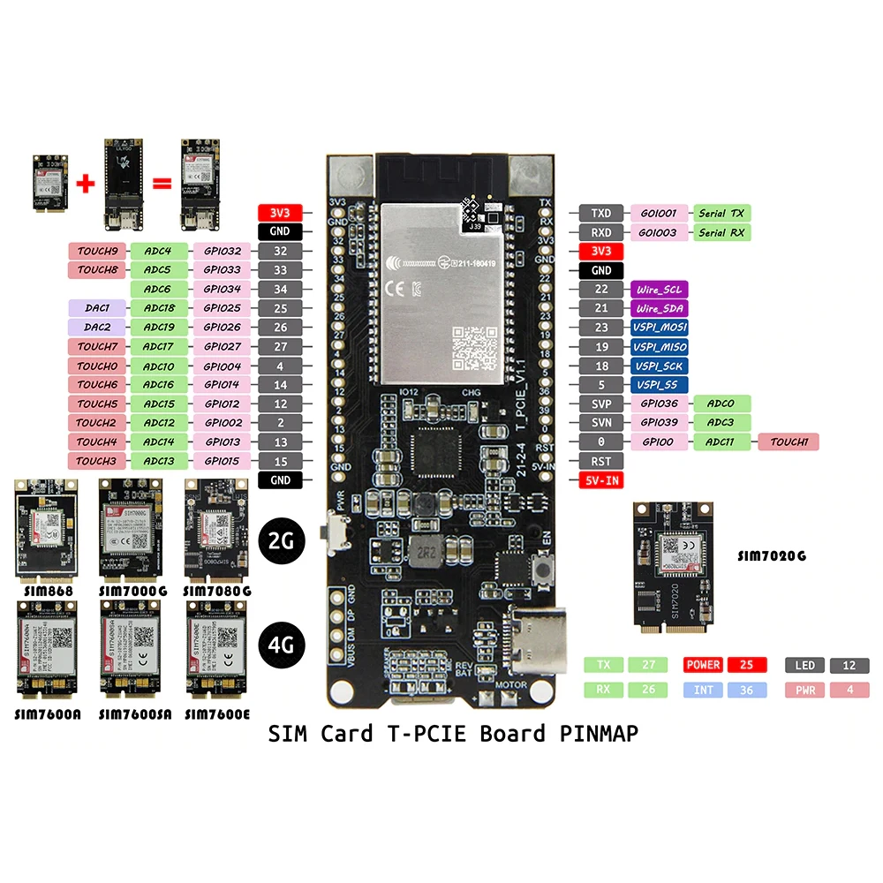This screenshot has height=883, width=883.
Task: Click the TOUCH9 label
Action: (97, 251)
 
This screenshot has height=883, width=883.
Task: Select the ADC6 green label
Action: (158, 289)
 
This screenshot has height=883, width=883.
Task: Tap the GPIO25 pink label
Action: (221, 308)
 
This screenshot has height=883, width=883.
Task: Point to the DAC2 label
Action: (97, 328)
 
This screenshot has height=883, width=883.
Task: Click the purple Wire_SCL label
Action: (659, 290)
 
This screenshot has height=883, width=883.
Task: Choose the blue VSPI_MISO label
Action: (659, 347)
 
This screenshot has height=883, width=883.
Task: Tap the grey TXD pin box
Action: (601, 213)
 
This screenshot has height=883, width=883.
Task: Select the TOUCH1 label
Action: (789, 442)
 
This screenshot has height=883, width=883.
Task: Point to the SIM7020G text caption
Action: (772, 556)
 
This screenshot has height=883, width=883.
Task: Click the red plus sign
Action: (86, 184)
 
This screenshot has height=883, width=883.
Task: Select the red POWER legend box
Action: (704, 665)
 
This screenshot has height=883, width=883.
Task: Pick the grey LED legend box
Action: (804, 665)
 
